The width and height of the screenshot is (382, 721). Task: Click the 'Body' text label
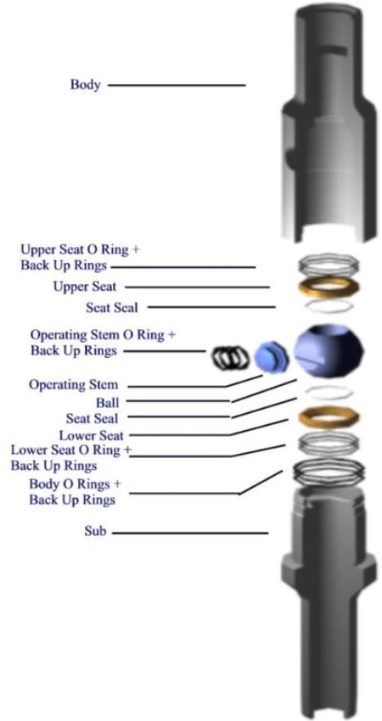[x=85, y=85]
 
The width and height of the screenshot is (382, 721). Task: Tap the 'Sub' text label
[x=95, y=532]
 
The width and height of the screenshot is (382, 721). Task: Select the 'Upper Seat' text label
[x=85, y=287]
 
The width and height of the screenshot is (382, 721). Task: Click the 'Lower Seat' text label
[x=91, y=434]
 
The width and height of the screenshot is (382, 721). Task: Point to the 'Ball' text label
[x=107, y=403]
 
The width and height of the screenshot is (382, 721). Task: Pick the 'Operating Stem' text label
[x=74, y=384]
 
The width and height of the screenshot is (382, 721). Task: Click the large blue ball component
[x=329, y=351]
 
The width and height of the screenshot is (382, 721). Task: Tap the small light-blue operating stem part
[x=271, y=357]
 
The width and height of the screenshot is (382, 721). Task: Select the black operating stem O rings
[x=230, y=357]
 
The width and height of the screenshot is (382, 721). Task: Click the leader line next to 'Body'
[x=177, y=85]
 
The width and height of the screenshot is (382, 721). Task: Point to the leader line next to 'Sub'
[x=190, y=534]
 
